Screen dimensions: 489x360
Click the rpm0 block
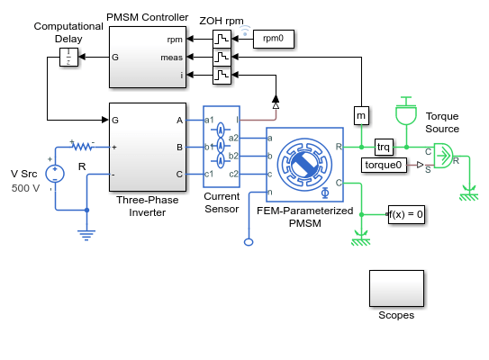pos(274,39)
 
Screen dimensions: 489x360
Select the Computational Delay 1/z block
pos(68,57)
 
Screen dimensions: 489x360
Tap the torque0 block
pos(384,165)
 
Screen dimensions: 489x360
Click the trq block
pos(384,147)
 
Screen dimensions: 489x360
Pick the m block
pos(361,115)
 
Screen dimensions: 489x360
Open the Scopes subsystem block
pos(396,288)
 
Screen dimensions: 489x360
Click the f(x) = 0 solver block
pos(406,214)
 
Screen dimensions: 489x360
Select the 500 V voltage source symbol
pos(55,174)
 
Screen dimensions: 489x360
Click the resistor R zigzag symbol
pos(83,146)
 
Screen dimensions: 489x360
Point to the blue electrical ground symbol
pos(86,235)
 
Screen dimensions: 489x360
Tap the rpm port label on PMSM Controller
pos(175,40)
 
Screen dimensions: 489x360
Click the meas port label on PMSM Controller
pos(171,58)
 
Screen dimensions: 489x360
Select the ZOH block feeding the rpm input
pos(222,39)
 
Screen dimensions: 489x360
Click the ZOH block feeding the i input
pos(222,75)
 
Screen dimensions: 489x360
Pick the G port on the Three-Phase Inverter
pos(115,120)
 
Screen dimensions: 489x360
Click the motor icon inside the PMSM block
pos(304,165)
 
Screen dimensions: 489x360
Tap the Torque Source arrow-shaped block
pos(443,156)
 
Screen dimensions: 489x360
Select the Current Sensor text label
pos(222,202)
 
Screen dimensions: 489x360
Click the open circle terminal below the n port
pos(249,242)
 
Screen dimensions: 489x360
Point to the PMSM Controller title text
pos(147,17)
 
